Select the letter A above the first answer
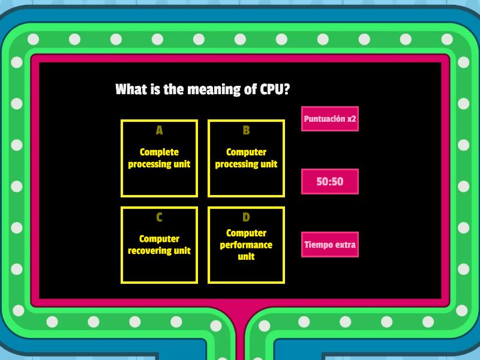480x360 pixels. pos(159,130)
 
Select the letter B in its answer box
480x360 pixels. pos(246,130)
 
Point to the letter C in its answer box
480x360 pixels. pos(159,217)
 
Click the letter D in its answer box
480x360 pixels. pos(246,217)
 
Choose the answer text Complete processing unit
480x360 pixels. pos(159,158)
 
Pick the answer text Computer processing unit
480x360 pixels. pos(246,158)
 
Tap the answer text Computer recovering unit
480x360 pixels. pos(159,245)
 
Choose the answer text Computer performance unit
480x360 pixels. pos(246,245)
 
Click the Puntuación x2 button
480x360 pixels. pos(330,119)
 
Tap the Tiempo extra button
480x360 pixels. pos(330,245)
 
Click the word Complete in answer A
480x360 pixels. pos(159,152)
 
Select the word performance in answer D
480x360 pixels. pos(246,245)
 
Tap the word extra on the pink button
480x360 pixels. pos(345,245)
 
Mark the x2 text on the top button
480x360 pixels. pos(350,119)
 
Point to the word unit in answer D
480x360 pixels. pos(246,257)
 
